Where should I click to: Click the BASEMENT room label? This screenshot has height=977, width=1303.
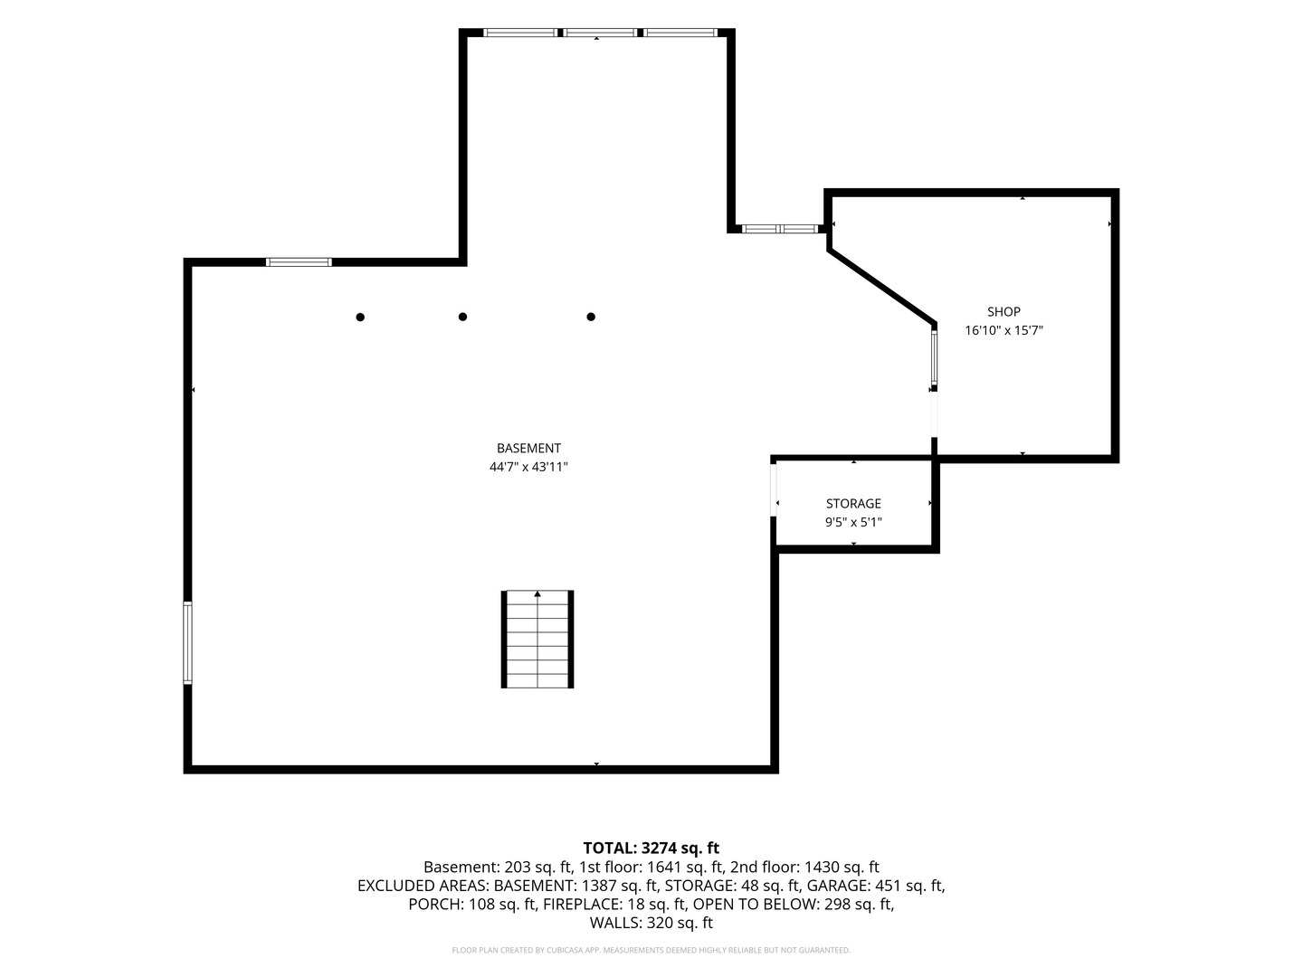pyautogui.click(x=528, y=449)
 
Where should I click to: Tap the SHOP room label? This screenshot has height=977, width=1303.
pyautogui.click(x=1003, y=311)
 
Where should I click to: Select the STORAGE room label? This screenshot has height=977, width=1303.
pyautogui.click(x=853, y=504)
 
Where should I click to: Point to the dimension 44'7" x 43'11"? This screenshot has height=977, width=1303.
pyautogui.click(x=528, y=467)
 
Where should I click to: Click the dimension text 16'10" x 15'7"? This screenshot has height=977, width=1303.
pyautogui.click(x=1003, y=330)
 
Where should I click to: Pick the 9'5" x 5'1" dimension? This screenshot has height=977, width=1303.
pyautogui.click(x=853, y=523)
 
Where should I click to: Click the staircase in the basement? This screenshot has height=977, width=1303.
pyautogui.click(x=537, y=640)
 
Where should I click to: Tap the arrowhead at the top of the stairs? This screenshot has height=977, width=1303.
pyautogui.click(x=537, y=593)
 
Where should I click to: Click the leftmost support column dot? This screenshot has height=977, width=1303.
pyautogui.click(x=360, y=318)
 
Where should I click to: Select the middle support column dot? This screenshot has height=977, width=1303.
pyautogui.click(x=462, y=317)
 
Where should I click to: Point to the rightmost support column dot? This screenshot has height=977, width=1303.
pyautogui.click(x=591, y=317)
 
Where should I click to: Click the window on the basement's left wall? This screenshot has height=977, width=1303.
pyautogui.click(x=187, y=643)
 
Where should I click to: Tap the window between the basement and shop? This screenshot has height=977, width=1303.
pyautogui.click(x=934, y=358)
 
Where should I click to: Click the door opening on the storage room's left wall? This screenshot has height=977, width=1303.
pyautogui.click(x=774, y=490)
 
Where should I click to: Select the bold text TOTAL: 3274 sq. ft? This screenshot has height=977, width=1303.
pyautogui.click(x=651, y=849)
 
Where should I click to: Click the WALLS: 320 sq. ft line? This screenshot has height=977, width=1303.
pyautogui.click(x=651, y=923)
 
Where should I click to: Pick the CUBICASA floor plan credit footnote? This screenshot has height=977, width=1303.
pyautogui.click(x=651, y=950)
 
